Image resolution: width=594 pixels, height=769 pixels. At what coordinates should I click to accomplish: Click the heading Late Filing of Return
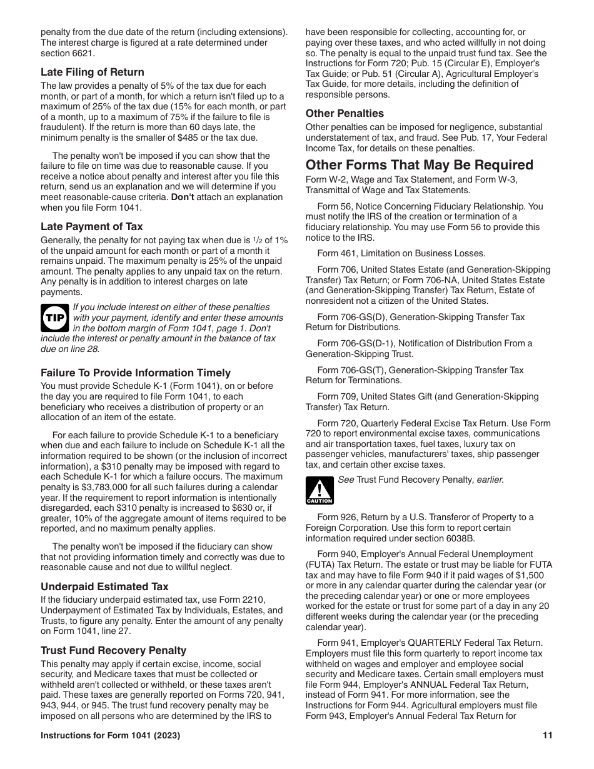click(93, 72)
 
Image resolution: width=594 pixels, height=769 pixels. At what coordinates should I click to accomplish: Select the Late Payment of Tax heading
click(92, 227)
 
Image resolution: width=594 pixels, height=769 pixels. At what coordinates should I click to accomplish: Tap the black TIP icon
click(54, 318)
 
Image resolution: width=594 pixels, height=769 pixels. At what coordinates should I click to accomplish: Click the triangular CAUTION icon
click(320, 491)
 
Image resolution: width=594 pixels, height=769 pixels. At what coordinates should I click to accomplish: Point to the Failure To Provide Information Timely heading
click(136, 373)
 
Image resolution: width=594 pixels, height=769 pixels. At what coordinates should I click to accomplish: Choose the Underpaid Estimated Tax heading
click(104, 586)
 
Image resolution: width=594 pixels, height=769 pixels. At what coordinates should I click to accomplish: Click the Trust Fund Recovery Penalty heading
click(114, 650)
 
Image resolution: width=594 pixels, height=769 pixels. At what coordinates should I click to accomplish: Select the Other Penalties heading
click(345, 113)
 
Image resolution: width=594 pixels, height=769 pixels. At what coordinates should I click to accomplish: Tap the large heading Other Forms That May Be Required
click(419, 165)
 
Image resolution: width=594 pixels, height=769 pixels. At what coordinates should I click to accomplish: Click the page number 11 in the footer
click(548, 736)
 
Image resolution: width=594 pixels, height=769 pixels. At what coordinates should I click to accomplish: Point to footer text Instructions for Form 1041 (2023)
click(111, 736)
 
